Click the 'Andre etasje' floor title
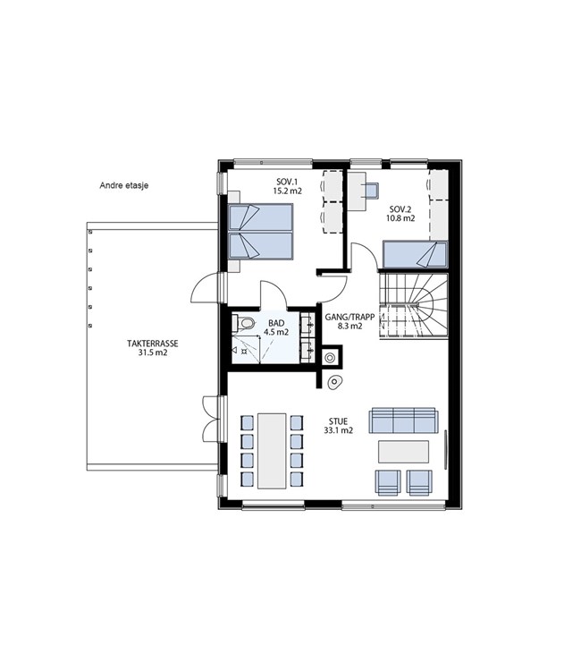click(x=124, y=186)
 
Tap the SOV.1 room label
click(x=287, y=186)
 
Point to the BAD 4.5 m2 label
click(x=276, y=327)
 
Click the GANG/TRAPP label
click(x=349, y=321)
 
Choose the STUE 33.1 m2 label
click(x=338, y=426)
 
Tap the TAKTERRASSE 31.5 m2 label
click(x=153, y=348)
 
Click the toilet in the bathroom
click(x=243, y=323)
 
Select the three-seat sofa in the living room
click(x=403, y=420)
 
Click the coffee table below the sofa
click(x=404, y=452)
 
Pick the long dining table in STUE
click(x=272, y=451)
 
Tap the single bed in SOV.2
click(x=415, y=255)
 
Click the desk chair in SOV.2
click(x=371, y=191)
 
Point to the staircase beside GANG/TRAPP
click(x=414, y=306)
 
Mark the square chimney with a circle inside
click(x=332, y=356)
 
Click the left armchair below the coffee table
click(x=388, y=483)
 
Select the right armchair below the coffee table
click(x=419, y=483)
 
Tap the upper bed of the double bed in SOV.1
click(x=260, y=217)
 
